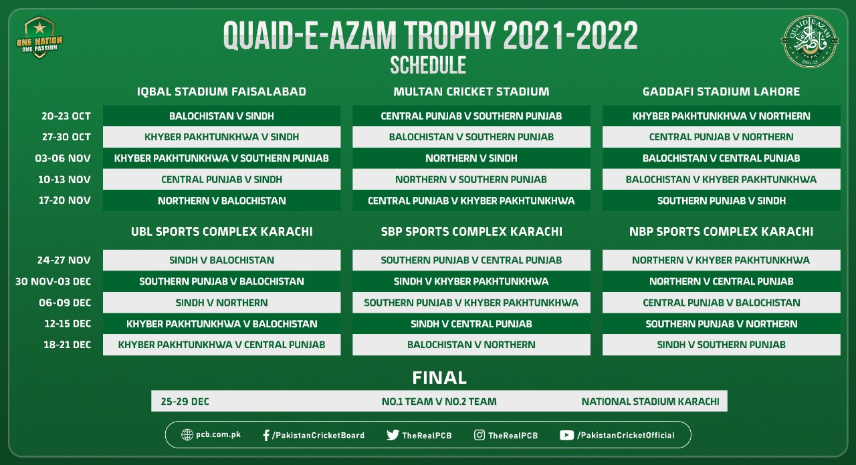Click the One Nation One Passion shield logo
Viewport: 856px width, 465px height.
tap(39, 37)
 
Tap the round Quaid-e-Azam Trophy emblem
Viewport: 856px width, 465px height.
tap(809, 41)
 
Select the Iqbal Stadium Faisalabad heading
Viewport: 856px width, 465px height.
tap(221, 92)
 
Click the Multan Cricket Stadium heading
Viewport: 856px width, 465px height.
tap(471, 92)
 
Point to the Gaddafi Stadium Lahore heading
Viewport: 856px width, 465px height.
tap(721, 92)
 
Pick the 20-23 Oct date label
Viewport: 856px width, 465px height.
tap(66, 116)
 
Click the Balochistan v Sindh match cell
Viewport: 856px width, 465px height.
tap(221, 116)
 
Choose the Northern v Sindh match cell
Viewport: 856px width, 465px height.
tap(471, 158)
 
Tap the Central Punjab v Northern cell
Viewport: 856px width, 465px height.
tap(721, 137)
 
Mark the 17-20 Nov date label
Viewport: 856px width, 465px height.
tap(64, 200)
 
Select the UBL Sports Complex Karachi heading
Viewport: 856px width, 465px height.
tap(221, 232)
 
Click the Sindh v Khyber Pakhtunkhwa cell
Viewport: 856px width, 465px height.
tap(471, 281)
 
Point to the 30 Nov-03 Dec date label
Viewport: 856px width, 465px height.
tap(53, 282)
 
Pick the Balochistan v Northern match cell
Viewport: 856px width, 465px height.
tap(471, 345)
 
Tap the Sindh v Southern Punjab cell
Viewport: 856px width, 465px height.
tap(721, 345)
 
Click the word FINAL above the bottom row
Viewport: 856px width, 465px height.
tap(439, 377)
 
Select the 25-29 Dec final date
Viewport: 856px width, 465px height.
tap(185, 402)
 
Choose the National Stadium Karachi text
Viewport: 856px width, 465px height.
tap(650, 402)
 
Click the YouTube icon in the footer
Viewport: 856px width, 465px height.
tap(566, 435)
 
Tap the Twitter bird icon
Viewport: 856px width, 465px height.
tap(393, 435)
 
